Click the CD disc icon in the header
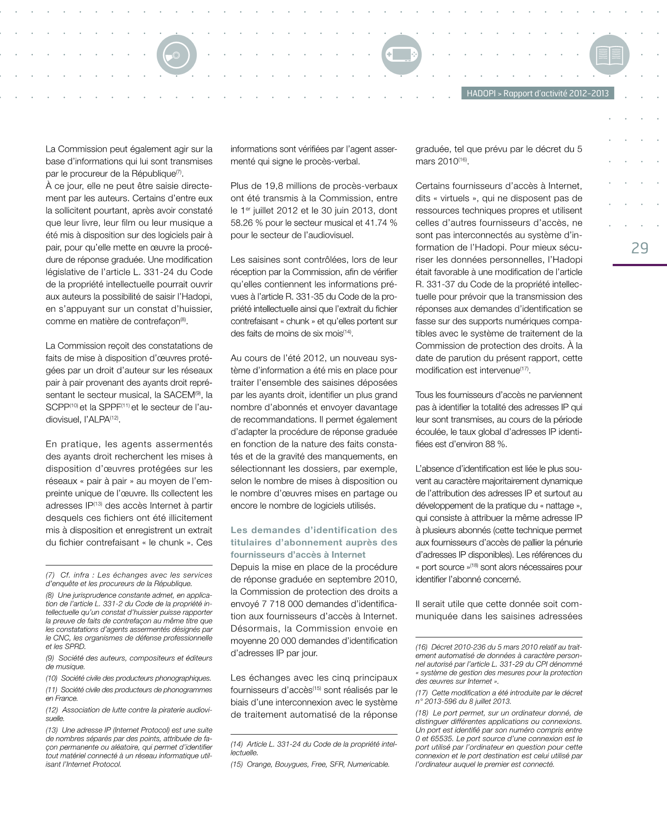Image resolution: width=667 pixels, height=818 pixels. (176, 54)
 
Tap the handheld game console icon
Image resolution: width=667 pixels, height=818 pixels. (401, 54)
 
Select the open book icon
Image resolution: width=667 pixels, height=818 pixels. (609, 54)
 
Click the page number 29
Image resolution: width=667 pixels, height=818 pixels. (640, 248)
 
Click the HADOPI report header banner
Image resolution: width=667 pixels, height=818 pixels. (537, 93)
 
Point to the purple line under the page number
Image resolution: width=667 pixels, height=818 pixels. (640, 265)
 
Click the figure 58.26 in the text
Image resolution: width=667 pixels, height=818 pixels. (242, 223)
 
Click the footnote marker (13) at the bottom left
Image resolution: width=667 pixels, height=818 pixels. (52, 730)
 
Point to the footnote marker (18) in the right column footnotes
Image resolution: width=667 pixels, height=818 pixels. (422, 713)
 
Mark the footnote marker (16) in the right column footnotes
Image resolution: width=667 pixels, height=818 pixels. (422, 647)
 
